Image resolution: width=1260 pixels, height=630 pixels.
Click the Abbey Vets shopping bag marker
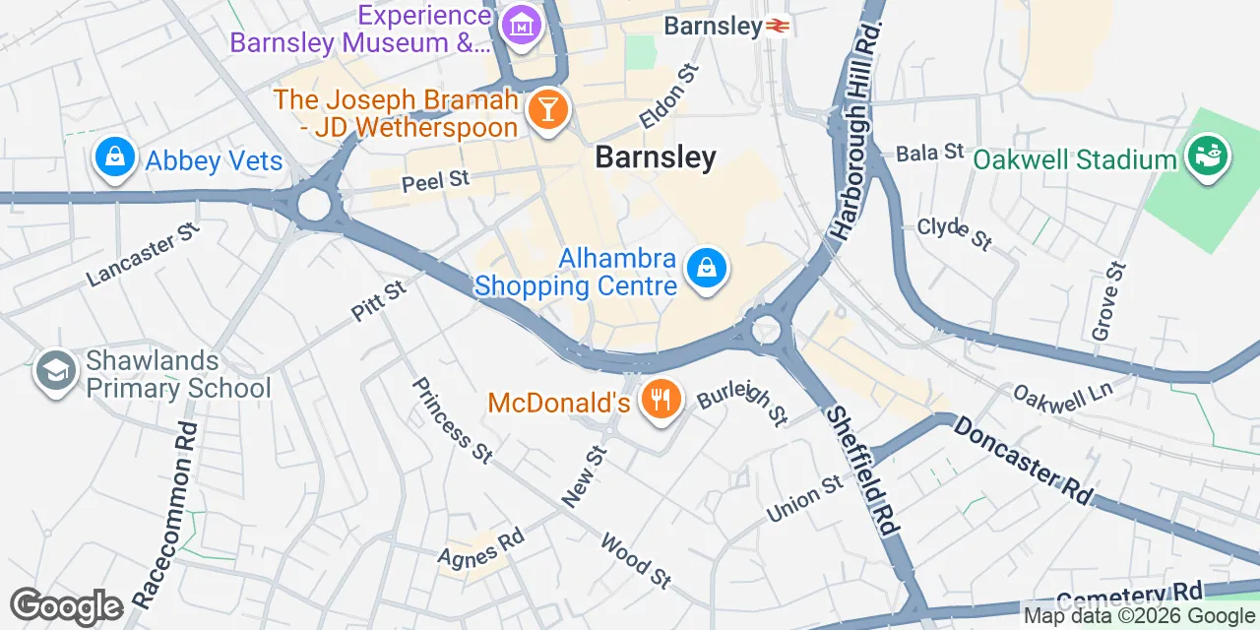(115, 157)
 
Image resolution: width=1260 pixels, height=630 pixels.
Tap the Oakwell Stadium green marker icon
(1207, 156)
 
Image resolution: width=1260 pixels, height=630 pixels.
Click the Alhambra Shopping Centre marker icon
(707, 267)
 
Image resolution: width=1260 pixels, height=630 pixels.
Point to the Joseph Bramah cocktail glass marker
(544, 109)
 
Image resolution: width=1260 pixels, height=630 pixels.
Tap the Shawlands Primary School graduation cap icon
(55, 372)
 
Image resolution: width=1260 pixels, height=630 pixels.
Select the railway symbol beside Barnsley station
(779, 27)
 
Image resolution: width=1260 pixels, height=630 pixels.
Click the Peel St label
(436, 181)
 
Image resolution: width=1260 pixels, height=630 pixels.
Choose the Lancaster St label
(144, 254)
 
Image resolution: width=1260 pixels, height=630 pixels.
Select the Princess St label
(452, 419)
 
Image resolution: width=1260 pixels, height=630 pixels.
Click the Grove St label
(1108, 301)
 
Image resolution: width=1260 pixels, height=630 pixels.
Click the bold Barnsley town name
(656, 157)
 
